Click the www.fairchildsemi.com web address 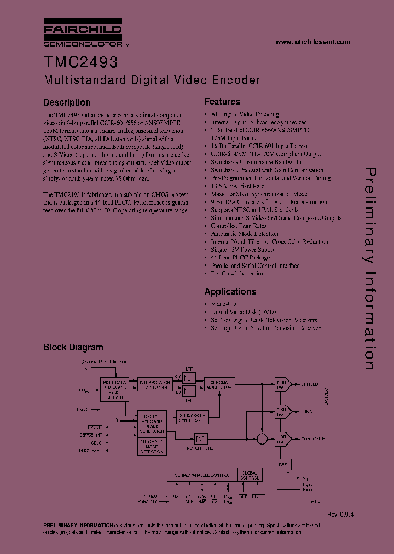pos(312,42)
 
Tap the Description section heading pos(67,102)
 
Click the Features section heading pos(222,101)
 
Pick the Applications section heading pos(230,291)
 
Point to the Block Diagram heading pos(73,347)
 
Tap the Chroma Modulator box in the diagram pos(219,384)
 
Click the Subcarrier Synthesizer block pos(193,417)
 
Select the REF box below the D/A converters pos(282,464)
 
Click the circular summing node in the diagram pos(263,437)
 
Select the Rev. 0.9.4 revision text pos(341,515)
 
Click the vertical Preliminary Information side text pos(370,268)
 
